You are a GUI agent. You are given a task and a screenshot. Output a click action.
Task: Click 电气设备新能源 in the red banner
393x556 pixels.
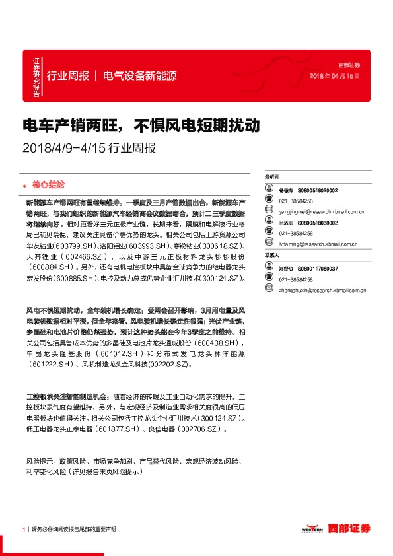pyautogui.click(x=140, y=76)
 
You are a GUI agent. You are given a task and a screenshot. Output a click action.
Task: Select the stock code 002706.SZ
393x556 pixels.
pyautogui.click(x=200, y=429)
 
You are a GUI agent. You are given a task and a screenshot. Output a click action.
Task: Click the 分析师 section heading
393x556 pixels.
pyautogui.click(x=272, y=178)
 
